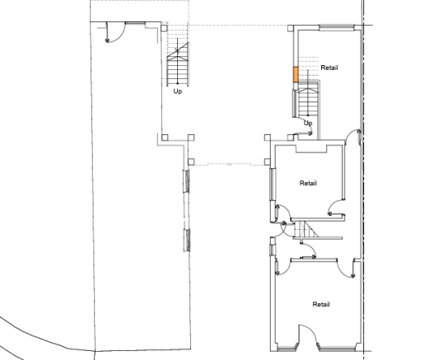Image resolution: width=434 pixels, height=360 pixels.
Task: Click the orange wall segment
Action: [x=296, y=74]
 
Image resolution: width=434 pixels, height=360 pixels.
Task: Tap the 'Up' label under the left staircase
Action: [x=178, y=91]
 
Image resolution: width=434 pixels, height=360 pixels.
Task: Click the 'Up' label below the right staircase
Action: [x=308, y=123]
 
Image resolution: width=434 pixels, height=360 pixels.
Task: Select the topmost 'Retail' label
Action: [x=329, y=68]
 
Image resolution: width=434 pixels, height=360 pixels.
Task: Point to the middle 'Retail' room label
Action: [x=308, y=183]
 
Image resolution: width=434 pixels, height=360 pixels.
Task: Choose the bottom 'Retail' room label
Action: [x=321, y=304]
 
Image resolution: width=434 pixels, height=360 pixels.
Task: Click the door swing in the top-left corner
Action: [x=115, y=32]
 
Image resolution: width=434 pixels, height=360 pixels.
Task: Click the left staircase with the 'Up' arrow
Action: [x=178, y=63]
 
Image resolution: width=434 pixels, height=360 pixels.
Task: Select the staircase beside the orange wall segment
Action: [x=308, y=99]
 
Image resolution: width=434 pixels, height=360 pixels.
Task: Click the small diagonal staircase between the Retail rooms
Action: [x=306, y=229]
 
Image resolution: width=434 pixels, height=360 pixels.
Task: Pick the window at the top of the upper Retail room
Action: [x=337, y=27]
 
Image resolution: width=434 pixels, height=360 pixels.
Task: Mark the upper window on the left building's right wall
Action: [x=187, y=181]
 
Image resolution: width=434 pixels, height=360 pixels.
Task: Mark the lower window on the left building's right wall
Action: [x=187, y=241]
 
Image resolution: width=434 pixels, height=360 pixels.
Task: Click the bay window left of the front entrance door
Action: [x=287, y=348]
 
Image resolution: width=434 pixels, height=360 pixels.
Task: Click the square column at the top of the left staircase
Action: [x=164, y=28]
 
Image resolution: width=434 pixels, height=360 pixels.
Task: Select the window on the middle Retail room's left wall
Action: [x=273, y=185]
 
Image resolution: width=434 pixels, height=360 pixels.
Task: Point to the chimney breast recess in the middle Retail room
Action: [x=311, y=149]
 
